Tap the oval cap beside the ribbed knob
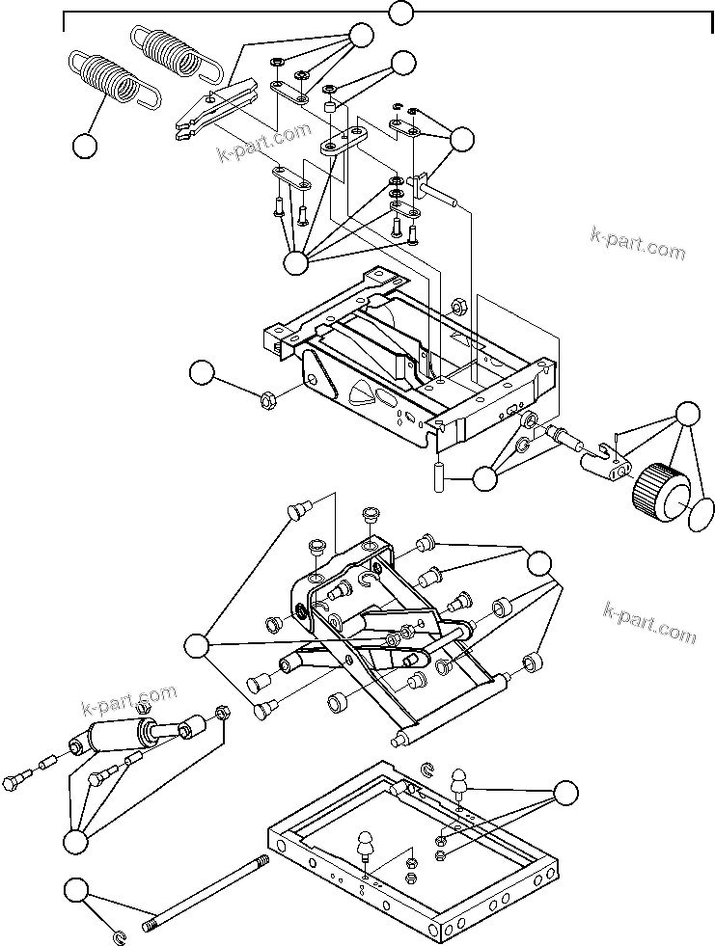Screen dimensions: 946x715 pos(702,513)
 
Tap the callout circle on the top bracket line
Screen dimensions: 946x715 pos(400,14)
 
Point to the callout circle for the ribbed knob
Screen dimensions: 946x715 pos(687,414)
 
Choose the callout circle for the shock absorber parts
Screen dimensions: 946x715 pos(75,841)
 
